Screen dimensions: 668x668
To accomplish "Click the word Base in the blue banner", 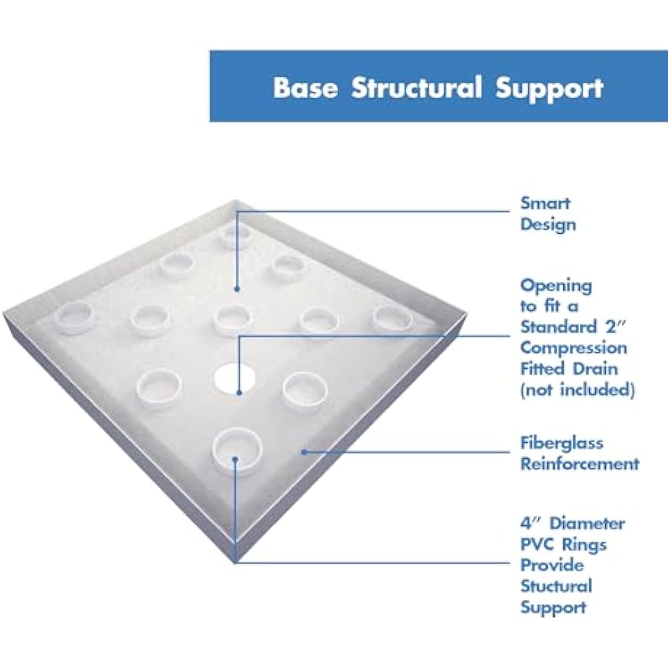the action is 305,88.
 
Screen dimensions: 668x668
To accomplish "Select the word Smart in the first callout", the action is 546,203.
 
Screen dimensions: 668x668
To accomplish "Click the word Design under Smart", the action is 548,224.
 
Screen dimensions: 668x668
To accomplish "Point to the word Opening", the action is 556,286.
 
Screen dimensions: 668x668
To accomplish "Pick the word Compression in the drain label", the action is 574,348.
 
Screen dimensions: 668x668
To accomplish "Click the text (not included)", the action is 577,389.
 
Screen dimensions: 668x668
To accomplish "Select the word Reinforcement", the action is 579,463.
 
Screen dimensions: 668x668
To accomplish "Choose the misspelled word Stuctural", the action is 556,586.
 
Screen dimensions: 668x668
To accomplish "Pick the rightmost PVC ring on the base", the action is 393,317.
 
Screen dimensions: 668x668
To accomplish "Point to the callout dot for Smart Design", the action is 236,289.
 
